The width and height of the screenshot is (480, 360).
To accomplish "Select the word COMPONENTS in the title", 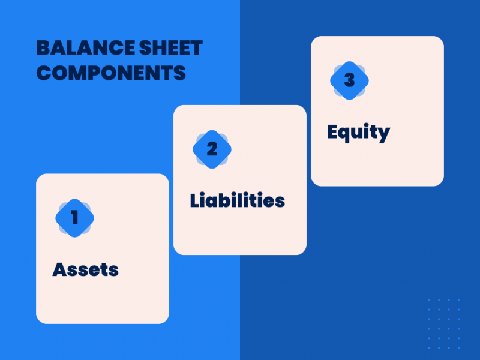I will [111, 73].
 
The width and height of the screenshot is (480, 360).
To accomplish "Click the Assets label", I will [85, 269].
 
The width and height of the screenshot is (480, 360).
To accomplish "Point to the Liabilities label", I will [237, 200].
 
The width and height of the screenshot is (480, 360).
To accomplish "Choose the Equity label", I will [358, 132].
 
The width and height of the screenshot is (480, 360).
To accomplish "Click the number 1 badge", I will [74, 217].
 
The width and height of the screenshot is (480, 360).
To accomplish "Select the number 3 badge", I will [349, 80].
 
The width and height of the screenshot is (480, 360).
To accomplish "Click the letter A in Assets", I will [59, 269].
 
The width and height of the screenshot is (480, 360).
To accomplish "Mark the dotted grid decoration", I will [444, 323].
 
